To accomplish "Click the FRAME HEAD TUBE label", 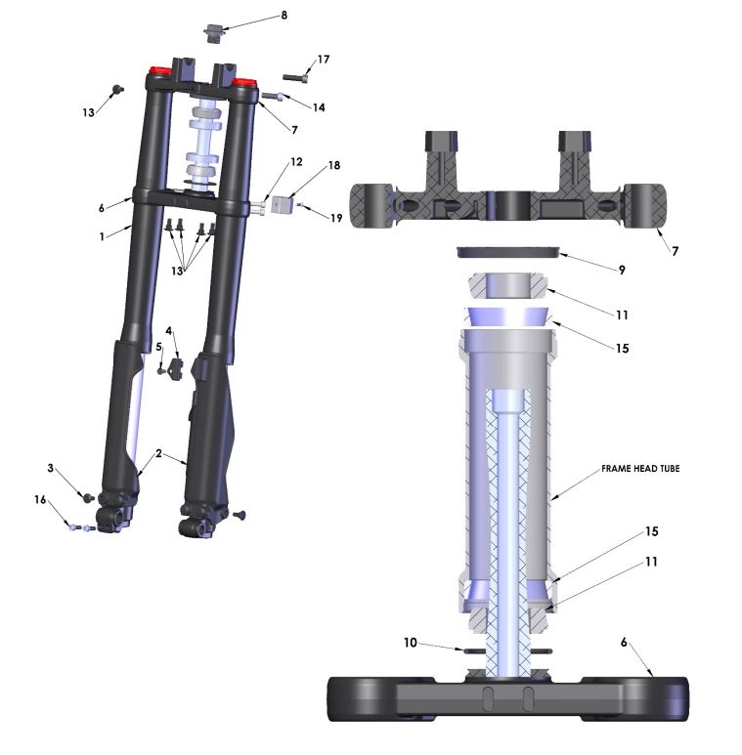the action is [x=640, y=468].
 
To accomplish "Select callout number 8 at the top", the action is [x=284, y=16].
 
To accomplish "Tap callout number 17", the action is [x=324, y=60].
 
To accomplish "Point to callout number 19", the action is [x=336, y=218].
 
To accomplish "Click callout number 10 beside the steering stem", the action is [x=410, y=643].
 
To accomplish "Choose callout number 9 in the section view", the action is [x=622, y=271].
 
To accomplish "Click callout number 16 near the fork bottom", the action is [x=40, y=500].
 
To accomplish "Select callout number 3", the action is [x=50, y=468].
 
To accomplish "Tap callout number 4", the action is [x=168, y=331].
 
